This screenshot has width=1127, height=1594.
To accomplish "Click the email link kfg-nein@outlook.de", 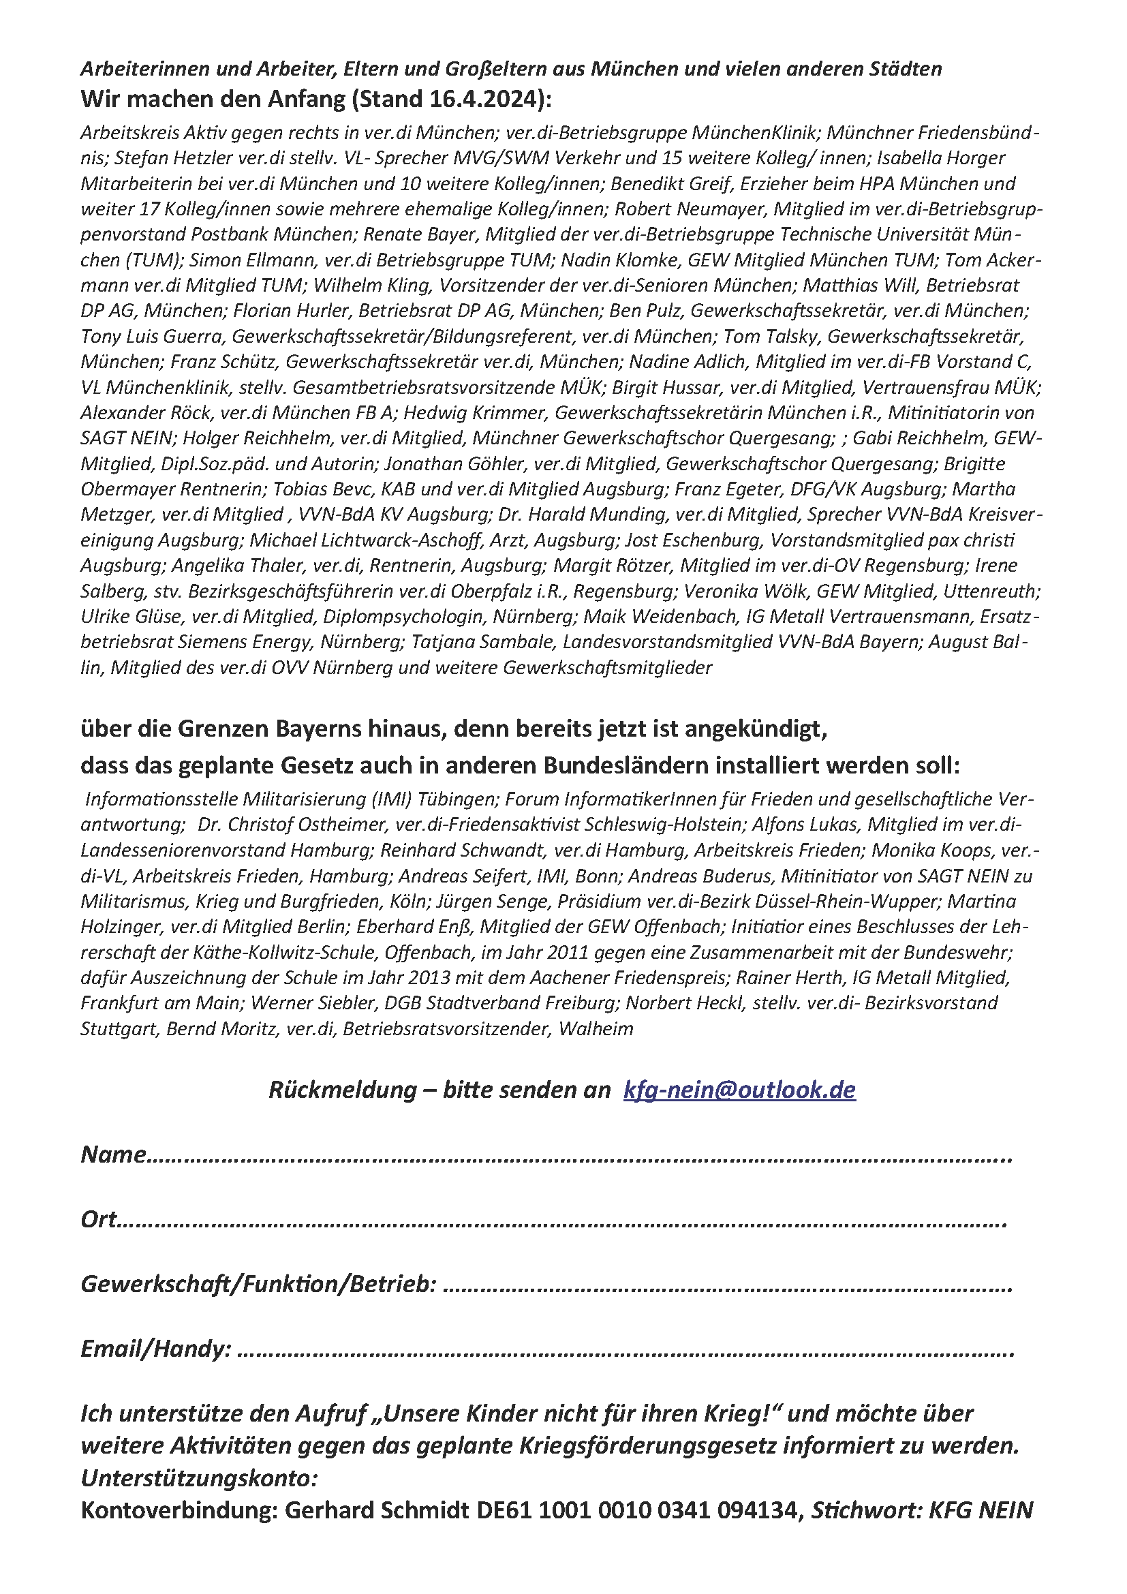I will (739, 1089).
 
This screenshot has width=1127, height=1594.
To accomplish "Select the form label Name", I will (113, 1154).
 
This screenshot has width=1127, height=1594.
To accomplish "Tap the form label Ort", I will (99, 1219).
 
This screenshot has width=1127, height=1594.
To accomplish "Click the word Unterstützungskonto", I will (198, 1478).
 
